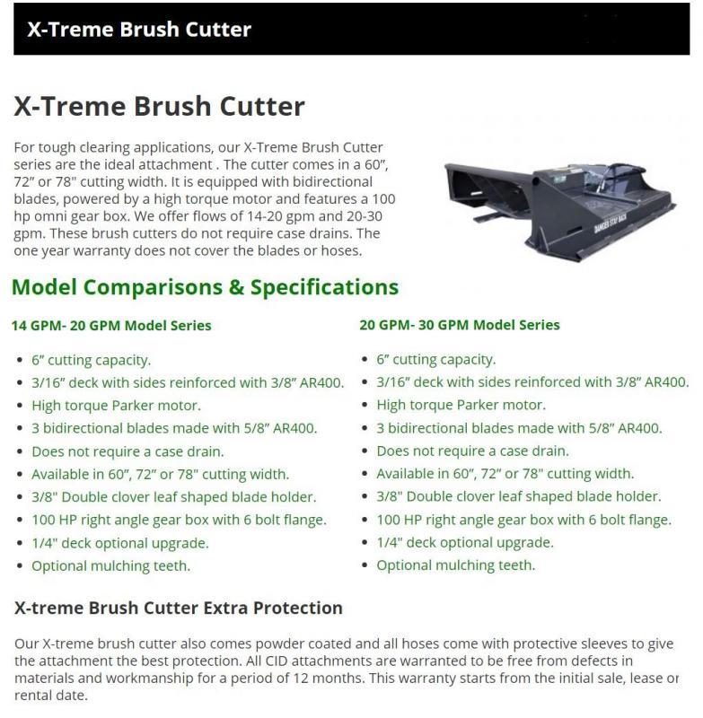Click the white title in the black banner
[139, 30]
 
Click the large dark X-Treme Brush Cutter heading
[160, 106]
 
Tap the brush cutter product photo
[559, 211]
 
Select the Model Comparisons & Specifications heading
[206, 287]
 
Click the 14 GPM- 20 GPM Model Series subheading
[111, 326]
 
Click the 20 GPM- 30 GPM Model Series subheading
[460, 325]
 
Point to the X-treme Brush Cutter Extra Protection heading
[179, 608]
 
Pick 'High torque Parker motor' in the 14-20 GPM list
[117, 406]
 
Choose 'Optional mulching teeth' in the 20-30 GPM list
[456, 565]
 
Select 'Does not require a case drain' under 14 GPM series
[127, 451]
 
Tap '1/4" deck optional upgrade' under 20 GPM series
[465, 542]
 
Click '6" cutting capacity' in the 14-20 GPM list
[92, 360]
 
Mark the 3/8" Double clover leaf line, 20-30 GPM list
[519, 496]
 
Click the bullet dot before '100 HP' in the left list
[19, 521]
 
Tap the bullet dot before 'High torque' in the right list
[365, 405]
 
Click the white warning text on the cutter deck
[610, 223]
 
